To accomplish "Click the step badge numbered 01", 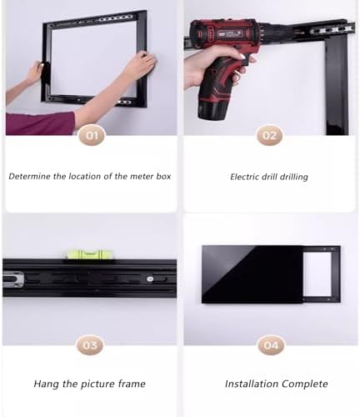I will pyautogui.click(x=91, y=135).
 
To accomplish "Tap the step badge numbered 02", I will pyautogui.click(x=269, y=135).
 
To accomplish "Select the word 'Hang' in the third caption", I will pyautogui.click(x=46, y=384).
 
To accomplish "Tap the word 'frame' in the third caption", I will pyautogui.click(x=131, y=384).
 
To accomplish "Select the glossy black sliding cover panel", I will pyautogui.click(x=250, y=274).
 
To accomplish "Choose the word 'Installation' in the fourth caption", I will pyautogui.click(x=252, y=384).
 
